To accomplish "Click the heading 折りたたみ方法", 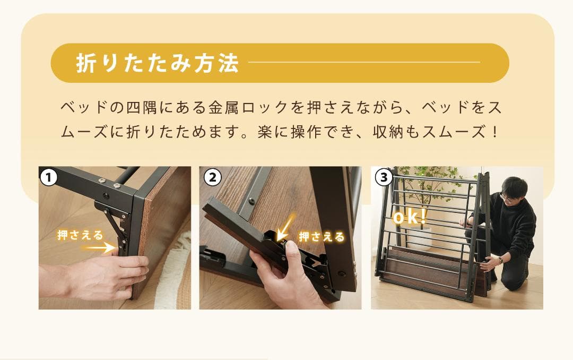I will tap(157, 63).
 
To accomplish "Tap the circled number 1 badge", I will tap(48, 177).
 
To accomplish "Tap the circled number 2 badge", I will tap(212, 177).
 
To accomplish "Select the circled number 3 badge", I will tap(383, 177).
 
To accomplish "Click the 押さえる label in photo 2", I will tap(322, 237).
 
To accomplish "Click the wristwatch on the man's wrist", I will tap(500, 260).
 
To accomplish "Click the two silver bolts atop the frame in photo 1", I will tap(109, 183).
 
